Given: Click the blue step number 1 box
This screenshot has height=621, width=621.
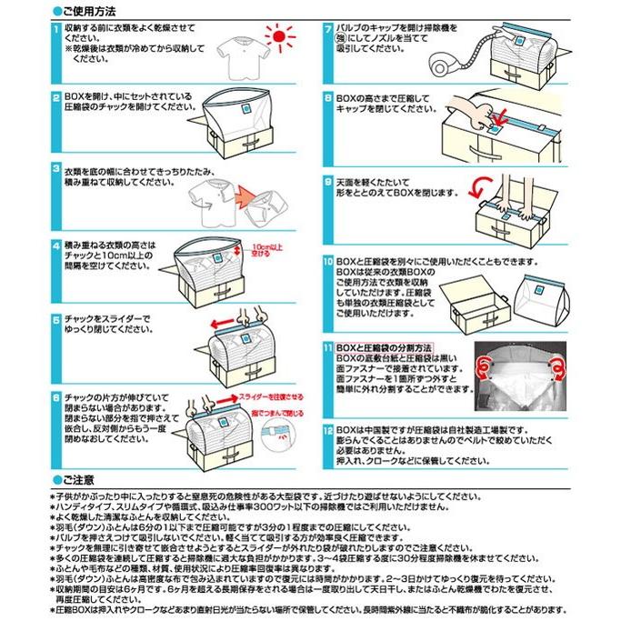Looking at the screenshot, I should (x=56, y=29).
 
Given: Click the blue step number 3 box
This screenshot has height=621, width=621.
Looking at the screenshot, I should (x=56, y=170).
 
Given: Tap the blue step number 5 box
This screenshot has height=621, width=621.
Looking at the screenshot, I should (x=56, y=321).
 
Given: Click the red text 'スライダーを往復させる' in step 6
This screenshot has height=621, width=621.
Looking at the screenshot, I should (x=271, y=397).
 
